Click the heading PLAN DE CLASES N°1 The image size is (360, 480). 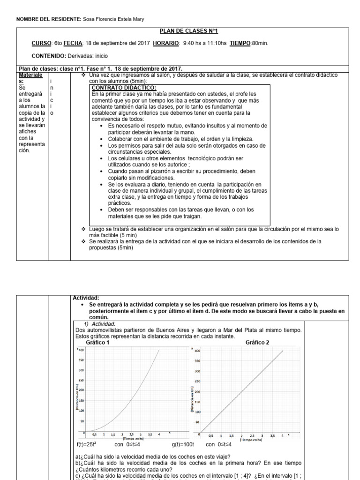tap(189, 31)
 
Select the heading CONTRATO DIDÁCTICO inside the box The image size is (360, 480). tap(124, 88)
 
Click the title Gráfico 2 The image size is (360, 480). tap(257, 343)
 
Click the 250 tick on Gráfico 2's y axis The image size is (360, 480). tap(197, 381)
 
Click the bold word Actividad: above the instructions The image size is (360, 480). tap(87, 297)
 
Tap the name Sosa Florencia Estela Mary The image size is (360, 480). tap(114, 19)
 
